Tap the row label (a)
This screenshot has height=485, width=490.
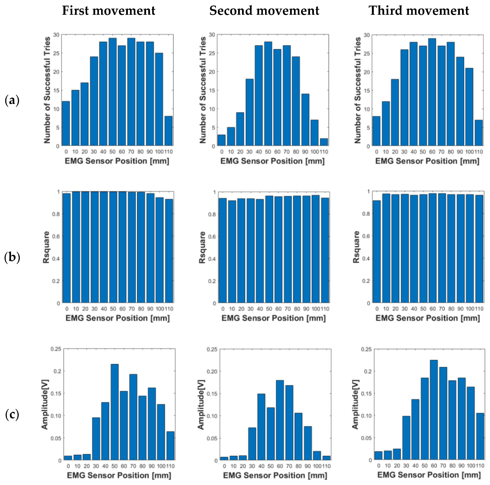coord(12,101)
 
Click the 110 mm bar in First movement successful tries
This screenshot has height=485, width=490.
coord(168,131)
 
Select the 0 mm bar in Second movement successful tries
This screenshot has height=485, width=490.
coord(221,140)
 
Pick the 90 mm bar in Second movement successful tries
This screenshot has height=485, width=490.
coord(305,120)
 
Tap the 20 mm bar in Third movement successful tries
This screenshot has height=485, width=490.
coord(395,112)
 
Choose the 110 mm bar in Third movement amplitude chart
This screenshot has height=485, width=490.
coord(480,436)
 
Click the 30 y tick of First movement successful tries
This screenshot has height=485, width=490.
coord(56,35)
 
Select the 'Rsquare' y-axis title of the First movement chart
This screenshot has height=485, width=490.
coord(46,247)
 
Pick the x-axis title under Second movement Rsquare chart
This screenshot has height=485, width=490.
coord(273,318)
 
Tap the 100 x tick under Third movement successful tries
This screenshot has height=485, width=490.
coord(469,152)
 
